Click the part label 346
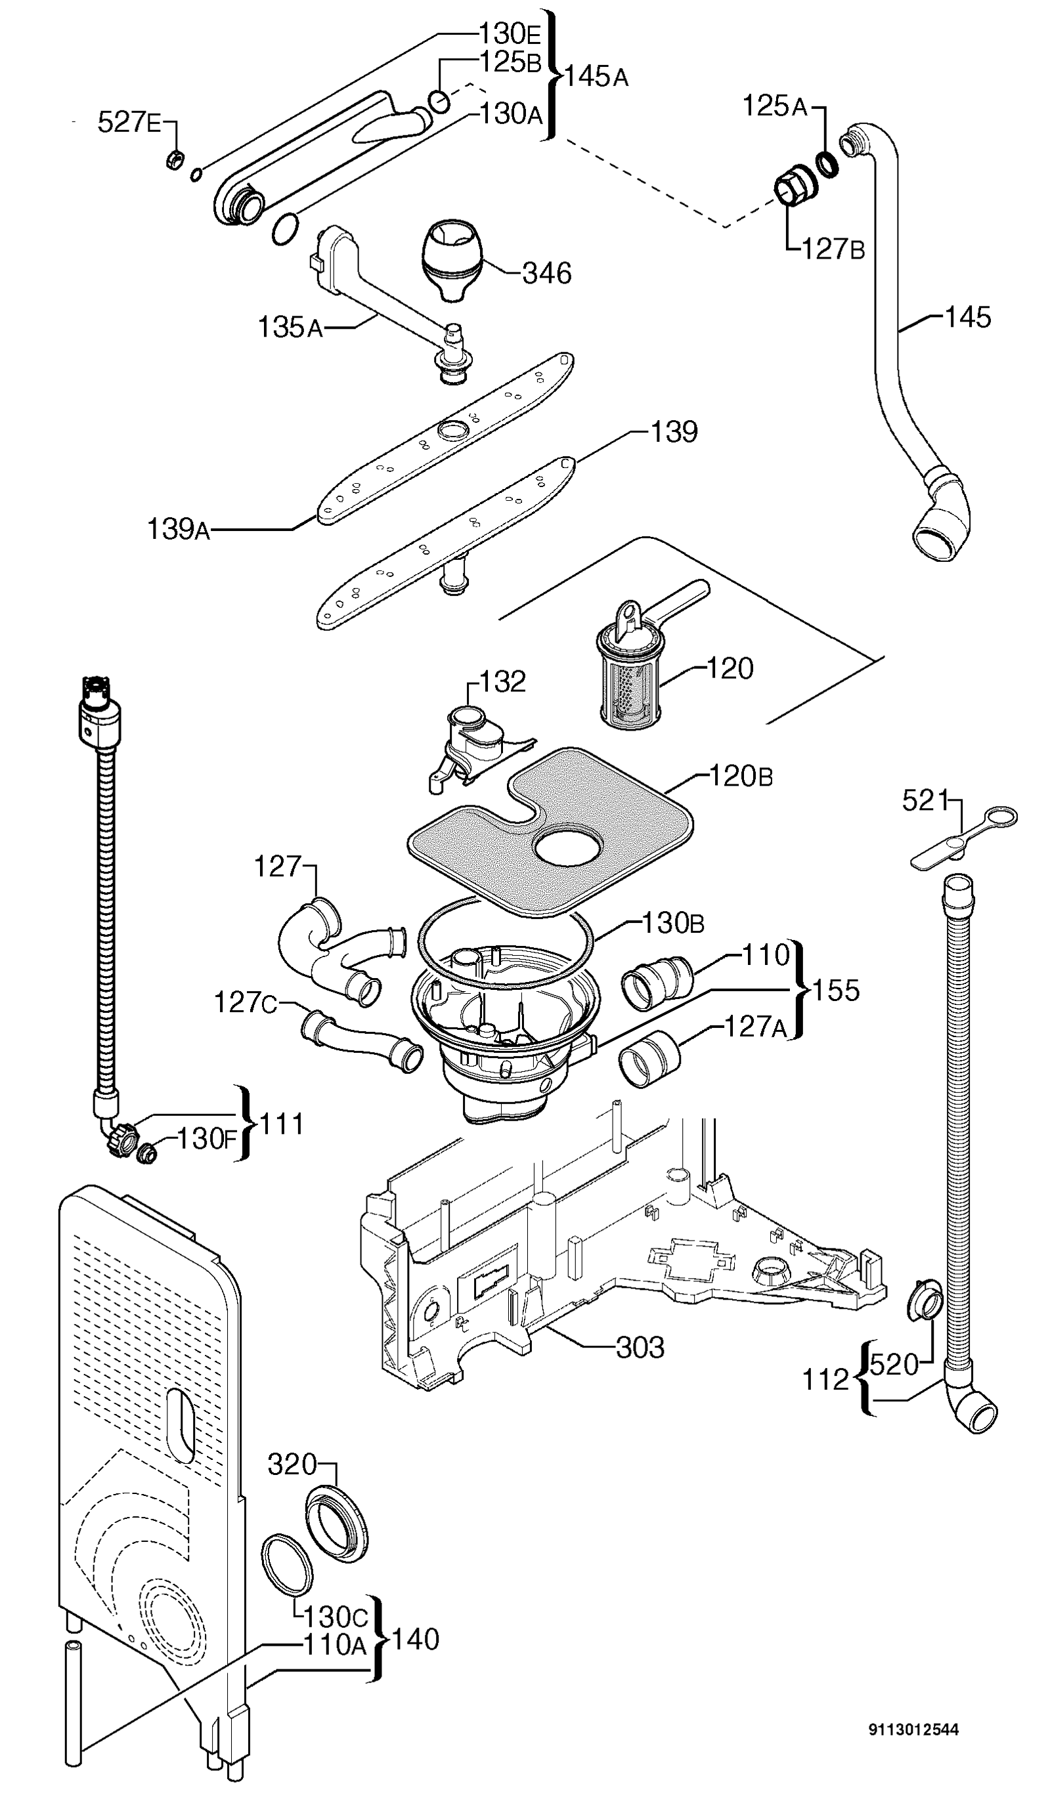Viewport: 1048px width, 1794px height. click(x=547, y=273)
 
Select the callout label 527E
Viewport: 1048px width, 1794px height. click(x=129, y=123)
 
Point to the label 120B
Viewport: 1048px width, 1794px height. click(x=741, y=776)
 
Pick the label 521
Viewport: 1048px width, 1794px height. click(x=926, y=801)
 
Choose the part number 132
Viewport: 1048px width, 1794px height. click(x=502, y=681)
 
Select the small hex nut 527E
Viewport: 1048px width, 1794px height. click(x=174, y=161)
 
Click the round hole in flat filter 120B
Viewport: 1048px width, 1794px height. click(x=569, y=846)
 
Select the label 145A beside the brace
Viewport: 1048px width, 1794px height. click(x=597, y=75)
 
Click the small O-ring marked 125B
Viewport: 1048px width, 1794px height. click(x=440, y=102)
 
